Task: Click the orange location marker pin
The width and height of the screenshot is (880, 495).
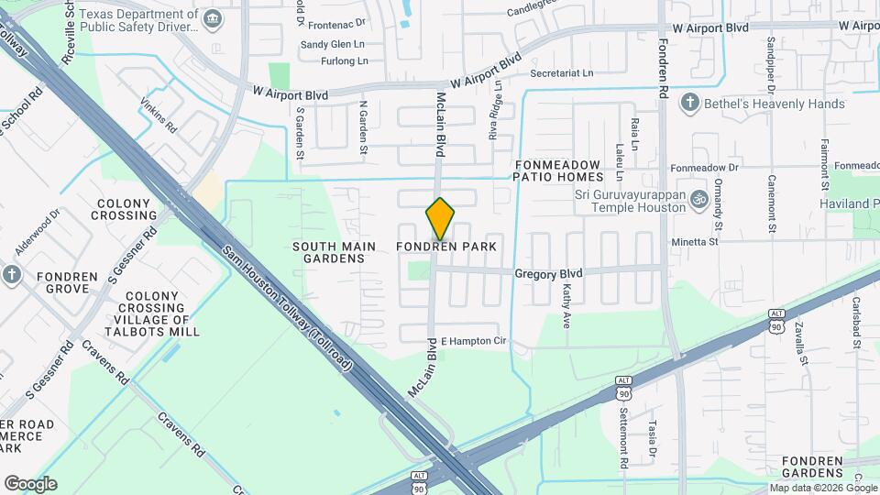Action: click(x=440, y=218)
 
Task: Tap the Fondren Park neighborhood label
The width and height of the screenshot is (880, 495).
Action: click(x=446, y=247)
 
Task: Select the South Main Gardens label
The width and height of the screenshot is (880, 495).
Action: click(x=328, y=252)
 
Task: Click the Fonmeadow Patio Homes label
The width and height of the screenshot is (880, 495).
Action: click(x=558, y=170)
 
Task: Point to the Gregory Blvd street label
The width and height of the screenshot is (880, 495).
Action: click(x=548, y=273)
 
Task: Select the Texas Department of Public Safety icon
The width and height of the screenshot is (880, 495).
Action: click(x=213, y=18)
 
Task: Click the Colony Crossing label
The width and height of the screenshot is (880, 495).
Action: click(x=124, y=209)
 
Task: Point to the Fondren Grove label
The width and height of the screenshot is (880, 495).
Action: click(x=67, y=282)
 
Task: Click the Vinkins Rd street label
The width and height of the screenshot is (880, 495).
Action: click(x=158, y=118)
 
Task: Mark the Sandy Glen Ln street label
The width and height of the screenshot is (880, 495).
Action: click(x=333, y=44)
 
